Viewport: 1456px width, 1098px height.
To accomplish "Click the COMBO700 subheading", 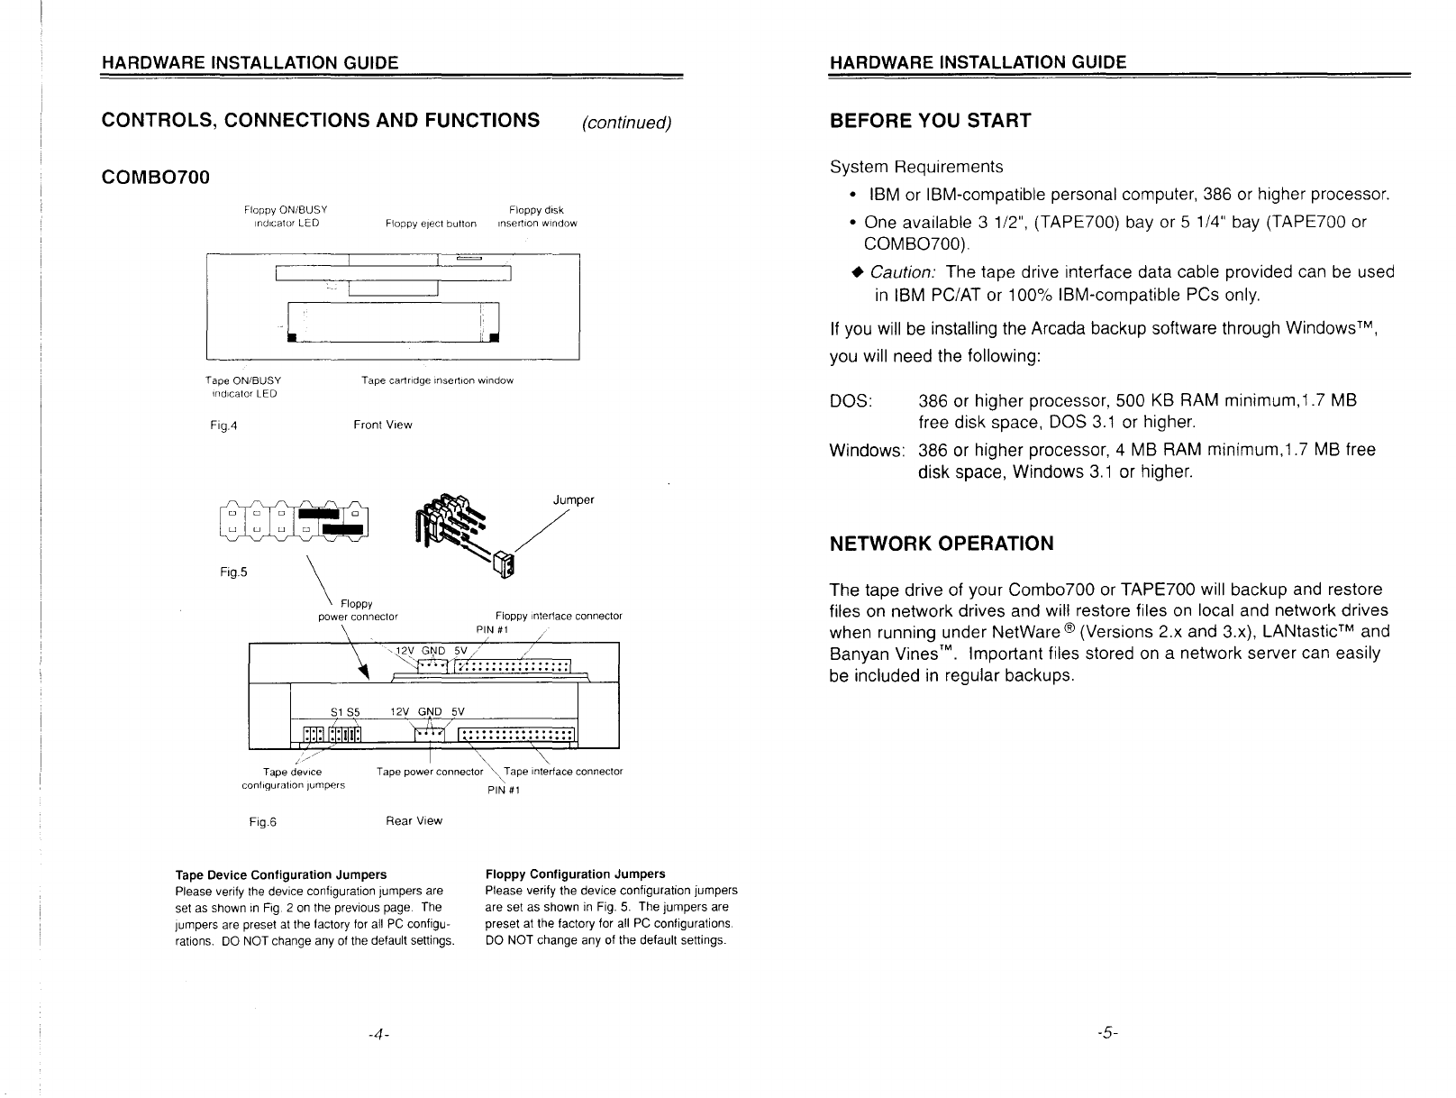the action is [155, 177].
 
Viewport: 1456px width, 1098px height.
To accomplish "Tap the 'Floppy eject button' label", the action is [431, 224].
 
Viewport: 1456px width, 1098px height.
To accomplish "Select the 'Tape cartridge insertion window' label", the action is [437, 380].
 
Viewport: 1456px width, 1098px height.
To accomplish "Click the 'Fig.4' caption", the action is [223, 425].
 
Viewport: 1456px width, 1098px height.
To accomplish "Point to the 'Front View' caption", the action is [383, 425].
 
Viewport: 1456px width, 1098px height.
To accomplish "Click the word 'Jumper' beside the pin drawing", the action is [573, 499].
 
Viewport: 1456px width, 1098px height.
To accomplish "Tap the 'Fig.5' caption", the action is [233, 572].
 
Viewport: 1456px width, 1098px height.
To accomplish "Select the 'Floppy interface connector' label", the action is [559, 616].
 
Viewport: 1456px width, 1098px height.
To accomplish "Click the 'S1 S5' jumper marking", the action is [345, 712].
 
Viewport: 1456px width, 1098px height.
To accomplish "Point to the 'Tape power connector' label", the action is [430, 772].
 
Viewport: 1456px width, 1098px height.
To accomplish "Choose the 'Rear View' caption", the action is [414, 820].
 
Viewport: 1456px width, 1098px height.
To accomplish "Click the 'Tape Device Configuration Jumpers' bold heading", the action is [280, 874].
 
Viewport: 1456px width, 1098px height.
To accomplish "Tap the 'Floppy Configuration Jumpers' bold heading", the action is [575, 874].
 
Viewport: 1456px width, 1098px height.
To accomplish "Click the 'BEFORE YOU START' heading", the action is [930, 121].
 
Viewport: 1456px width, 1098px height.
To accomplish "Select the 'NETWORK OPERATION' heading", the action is [942, 544].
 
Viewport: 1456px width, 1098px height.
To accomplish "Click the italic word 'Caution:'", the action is [903, 272].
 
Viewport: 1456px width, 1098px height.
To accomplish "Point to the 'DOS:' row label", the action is [851, 401].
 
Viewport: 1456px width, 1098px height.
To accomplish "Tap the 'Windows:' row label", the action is [867, 451].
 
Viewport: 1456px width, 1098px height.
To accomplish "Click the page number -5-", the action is [1107, 1032].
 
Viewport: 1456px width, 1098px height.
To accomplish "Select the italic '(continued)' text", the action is [627, 123].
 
